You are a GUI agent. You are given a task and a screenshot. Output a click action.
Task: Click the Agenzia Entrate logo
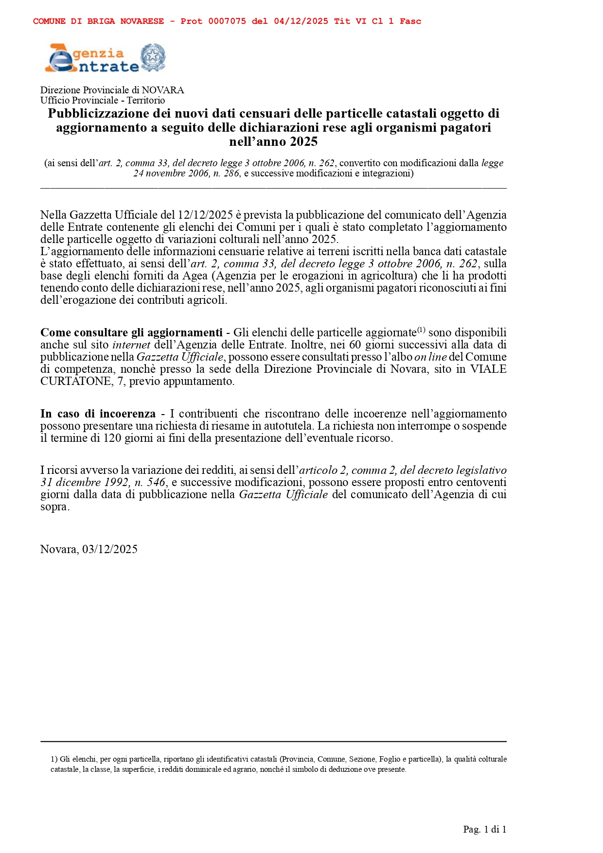[92, 59]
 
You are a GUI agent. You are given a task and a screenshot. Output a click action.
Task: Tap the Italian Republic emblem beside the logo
[153, 58]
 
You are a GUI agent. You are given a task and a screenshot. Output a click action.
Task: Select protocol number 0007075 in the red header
[227, 21]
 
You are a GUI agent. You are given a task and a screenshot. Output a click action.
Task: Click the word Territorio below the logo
[146, 100]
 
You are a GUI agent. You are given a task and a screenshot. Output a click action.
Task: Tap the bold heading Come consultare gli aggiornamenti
[131, 332]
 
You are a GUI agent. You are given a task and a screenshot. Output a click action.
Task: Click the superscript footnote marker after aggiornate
[421, 330]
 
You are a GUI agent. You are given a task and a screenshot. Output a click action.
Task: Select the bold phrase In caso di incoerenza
[98, 414]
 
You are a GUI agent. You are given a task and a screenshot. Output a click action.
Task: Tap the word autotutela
[289, 426]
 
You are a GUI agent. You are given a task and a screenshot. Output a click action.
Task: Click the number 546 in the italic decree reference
[156, 482]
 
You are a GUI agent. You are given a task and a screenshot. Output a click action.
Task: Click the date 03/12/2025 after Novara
[110, 549]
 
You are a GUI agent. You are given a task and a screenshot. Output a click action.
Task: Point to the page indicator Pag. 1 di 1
[484, 830]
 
